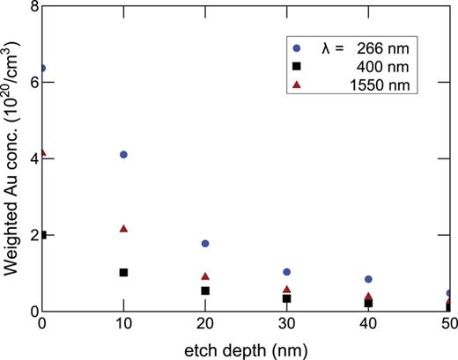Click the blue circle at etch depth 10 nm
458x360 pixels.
[123, 154]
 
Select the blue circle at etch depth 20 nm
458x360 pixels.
[204, 243]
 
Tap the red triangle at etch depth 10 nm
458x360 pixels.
[123, 229]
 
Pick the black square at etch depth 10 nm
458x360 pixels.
[123, 272]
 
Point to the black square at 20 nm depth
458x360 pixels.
[204, 290]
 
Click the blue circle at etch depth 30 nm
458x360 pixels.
[286, 272]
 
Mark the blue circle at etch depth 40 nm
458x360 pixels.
[367, 279]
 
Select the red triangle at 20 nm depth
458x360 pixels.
[204, 276]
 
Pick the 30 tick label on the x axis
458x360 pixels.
[286, 326]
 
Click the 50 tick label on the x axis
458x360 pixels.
[448, 326]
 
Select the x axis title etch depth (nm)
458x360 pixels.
[245, 349]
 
